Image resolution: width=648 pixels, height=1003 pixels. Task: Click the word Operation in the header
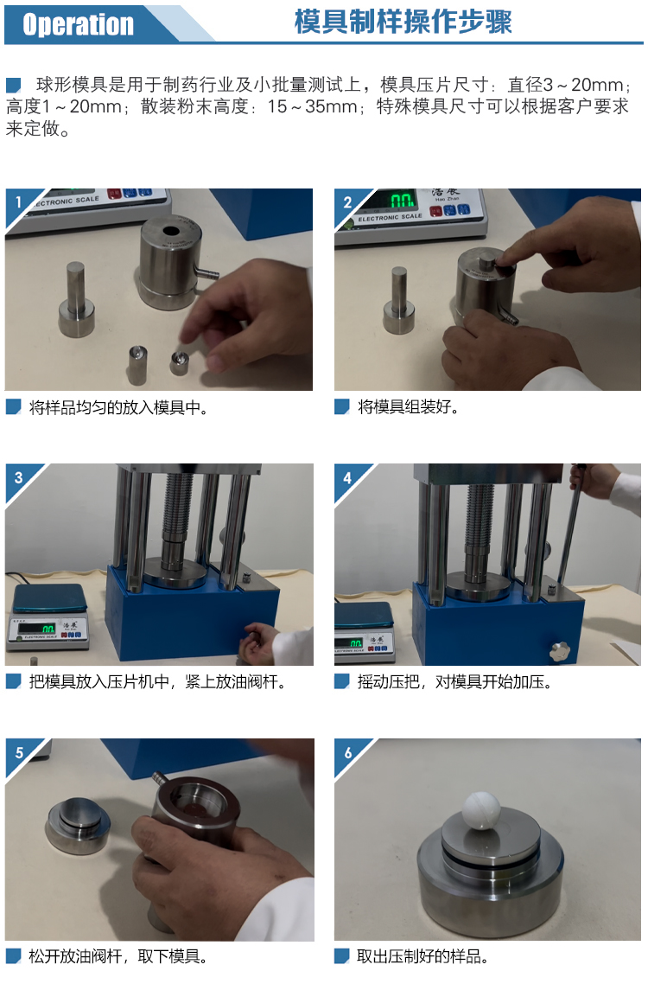pyautogui.click(x=78, y=24)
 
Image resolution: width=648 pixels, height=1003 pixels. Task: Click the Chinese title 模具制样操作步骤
pyautogui.click(x=403, y=22)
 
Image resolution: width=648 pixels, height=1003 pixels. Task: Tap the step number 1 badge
pyautogui.click(x=18, y=202)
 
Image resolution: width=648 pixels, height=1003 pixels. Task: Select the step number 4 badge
pyautogui.click(x=347, y=478)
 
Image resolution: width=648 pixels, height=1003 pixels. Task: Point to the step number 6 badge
pyautogui.click(x=347, y=753)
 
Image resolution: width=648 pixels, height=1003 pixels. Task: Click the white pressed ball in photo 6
pyautogui.click(x=482, y=810)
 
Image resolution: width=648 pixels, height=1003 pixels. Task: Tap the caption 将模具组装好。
pyautogui.click(x=409, y=407)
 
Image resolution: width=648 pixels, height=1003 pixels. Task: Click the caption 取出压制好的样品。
pyautogui.click(x=422, y=956)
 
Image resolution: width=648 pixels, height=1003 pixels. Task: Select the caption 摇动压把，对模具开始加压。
pyautogui.click(x=454, y=682)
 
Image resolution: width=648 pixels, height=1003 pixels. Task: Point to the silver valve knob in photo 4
pyautogui.click(x=559, y=650)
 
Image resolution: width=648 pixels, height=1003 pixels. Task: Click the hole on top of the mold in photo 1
pyautogui.click(x=170, y=231)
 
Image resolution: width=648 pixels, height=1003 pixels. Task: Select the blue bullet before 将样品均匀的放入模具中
pyautogui.click(x=14, y=407)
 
